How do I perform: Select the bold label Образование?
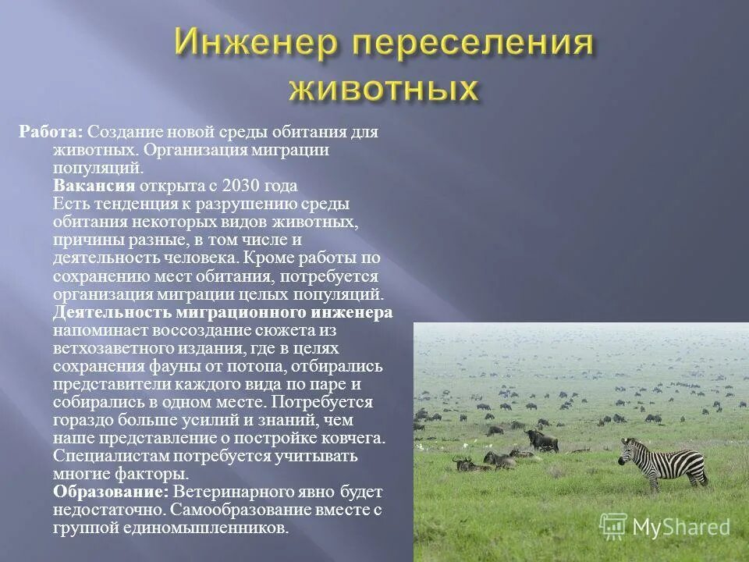(x=111, y=492)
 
